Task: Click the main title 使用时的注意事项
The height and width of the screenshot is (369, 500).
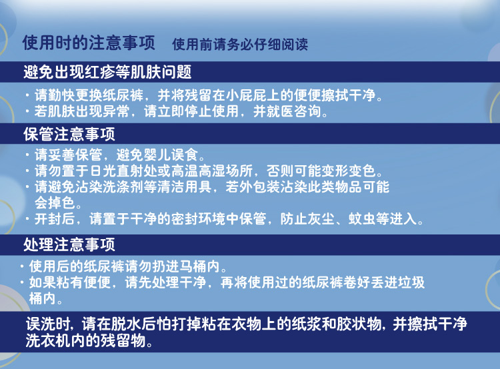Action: (89, 43)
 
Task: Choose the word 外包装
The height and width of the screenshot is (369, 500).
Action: (259, 187)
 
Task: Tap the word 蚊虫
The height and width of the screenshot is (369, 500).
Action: (362, 218)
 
